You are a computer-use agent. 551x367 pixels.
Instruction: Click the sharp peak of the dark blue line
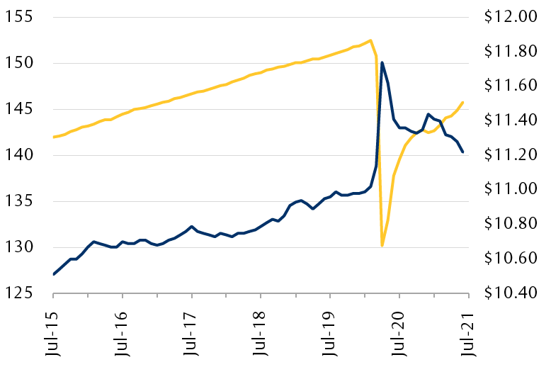[382, 63]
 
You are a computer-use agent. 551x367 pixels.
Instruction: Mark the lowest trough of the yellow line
[382, 245]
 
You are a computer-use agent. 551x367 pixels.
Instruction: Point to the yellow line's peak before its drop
[370, 40]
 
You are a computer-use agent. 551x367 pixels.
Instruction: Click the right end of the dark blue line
[462, 152]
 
